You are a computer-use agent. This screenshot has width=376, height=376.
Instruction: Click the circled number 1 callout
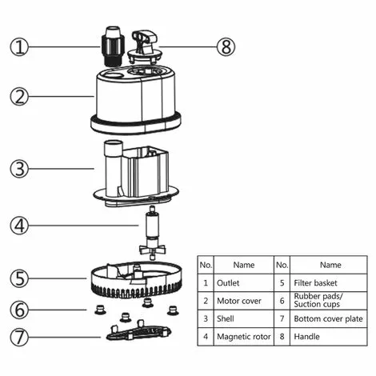(x=19, y=46)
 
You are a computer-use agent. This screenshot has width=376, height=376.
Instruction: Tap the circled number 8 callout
(x=226, y=46)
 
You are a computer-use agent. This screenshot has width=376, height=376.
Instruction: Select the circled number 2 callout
(x=19, y=98)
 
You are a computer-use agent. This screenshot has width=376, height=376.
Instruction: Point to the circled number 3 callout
(x=19, y=169)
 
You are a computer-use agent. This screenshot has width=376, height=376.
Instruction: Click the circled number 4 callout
(x=19, y=225)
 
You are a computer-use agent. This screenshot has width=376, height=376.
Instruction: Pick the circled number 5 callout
(x=19, y=279)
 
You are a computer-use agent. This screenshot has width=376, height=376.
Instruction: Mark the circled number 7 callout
(x=19, y=335)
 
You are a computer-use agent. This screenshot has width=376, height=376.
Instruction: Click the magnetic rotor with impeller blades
(x=150, y=237)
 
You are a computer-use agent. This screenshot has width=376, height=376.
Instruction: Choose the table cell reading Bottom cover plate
(x=329, y=318)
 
